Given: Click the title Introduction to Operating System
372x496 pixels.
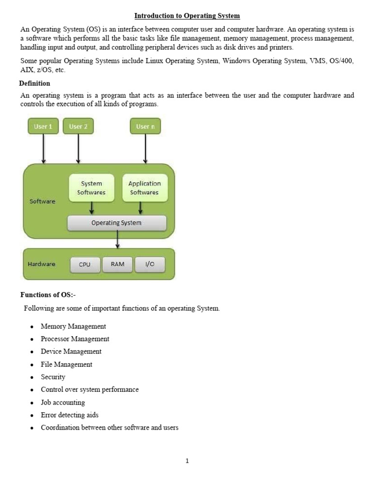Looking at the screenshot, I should [187, 16].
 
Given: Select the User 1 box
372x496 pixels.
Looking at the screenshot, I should [44, 126].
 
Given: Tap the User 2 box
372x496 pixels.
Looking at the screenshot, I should [78, 126].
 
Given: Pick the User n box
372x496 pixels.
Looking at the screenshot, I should [145, 126].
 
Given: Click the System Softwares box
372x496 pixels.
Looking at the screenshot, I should [92, 188].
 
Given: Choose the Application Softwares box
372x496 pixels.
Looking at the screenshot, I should [144, 188].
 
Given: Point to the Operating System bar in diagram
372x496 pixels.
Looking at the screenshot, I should [117, 223].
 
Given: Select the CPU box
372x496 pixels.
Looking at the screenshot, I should [85, 264].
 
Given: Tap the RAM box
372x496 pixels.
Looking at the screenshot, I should [118, 264].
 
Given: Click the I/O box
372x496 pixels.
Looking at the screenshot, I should [150, 264].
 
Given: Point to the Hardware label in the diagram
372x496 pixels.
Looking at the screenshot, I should [42, 264].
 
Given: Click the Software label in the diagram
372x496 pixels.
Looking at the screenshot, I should [43, 201].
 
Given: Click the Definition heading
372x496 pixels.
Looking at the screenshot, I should [34, 83].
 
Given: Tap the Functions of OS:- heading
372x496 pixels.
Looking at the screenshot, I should [48, 295].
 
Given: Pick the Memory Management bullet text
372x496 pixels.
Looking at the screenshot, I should [73, 326].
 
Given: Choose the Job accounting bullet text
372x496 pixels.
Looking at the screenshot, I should [63, 403].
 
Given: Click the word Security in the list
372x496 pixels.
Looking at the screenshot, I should [53, 377].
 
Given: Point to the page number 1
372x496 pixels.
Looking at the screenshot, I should [187, 461].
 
